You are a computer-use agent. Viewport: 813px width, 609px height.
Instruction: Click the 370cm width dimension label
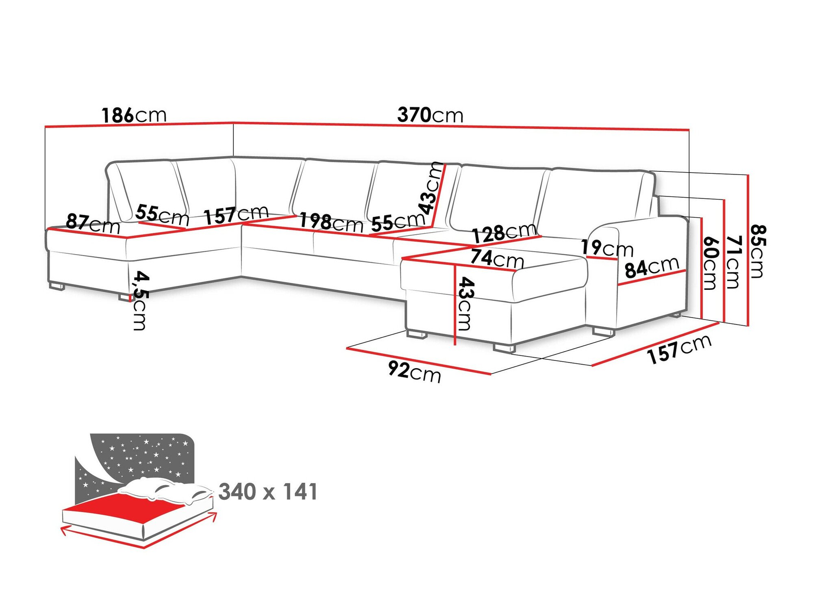(430, 115)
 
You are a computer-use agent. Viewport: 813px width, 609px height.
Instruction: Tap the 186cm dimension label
(134, 115)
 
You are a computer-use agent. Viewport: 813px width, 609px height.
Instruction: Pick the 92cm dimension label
(414, 371)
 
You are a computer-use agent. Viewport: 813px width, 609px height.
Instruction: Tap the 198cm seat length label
(331, 222)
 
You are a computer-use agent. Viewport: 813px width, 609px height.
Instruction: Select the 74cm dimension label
(497, 258)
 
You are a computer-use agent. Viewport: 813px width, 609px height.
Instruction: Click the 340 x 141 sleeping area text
(268, 492)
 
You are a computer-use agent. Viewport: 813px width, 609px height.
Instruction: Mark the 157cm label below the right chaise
(679, 350)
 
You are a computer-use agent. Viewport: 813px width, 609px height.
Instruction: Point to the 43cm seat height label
(465, 303)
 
